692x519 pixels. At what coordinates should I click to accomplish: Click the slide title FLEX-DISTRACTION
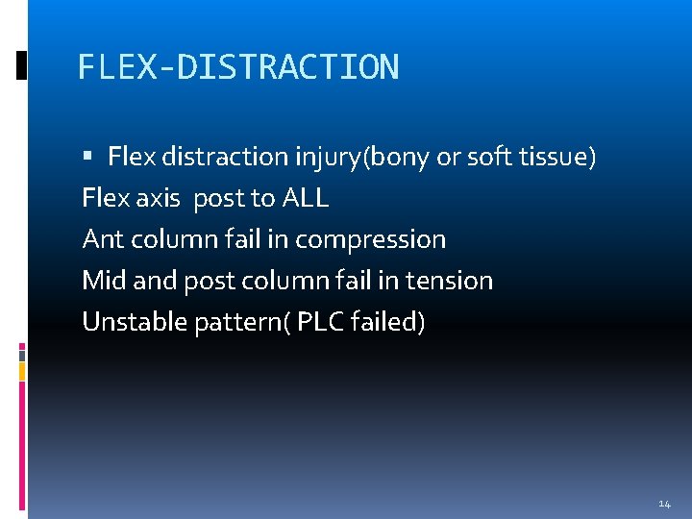[x=237, y=67]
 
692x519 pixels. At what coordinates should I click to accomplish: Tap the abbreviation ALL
[x=306, y=199]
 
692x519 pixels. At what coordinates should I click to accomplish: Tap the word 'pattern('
[x=239, y=322]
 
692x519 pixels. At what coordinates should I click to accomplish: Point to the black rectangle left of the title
[x=21, y=65]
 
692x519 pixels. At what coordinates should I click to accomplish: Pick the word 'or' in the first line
[x=448, y=157]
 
